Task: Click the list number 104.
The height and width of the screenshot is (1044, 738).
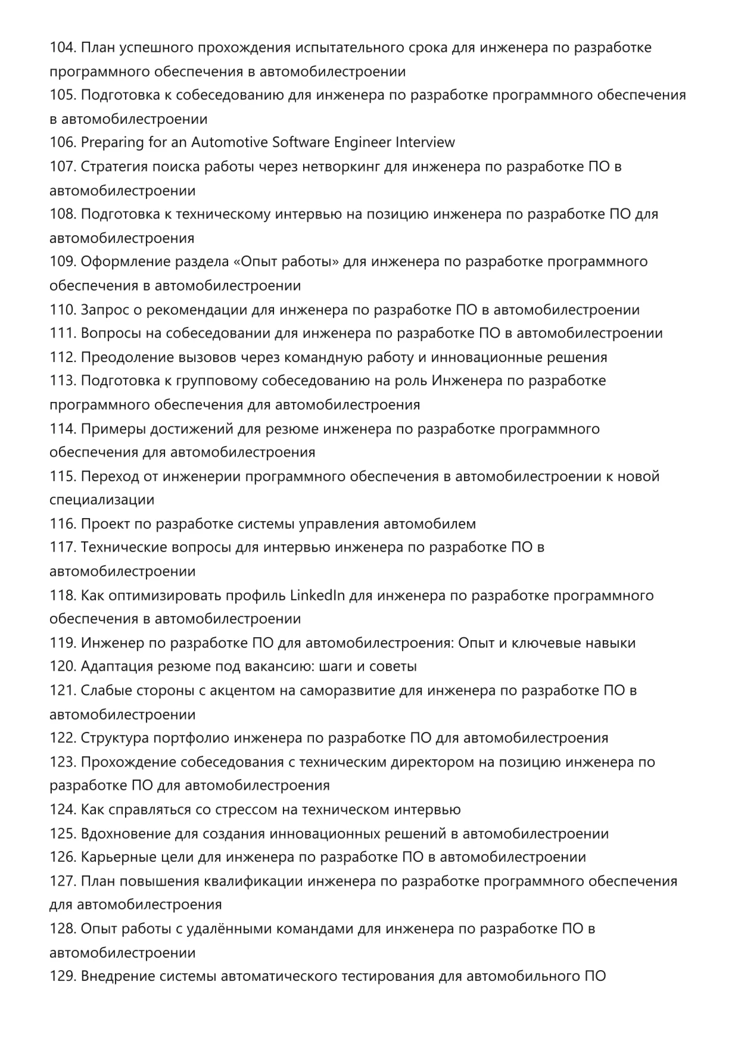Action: (63, 48)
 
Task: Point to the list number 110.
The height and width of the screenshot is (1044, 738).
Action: (63, 310)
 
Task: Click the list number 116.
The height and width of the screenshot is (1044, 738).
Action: (63, 524)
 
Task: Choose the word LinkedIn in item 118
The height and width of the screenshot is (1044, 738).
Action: (317, 596)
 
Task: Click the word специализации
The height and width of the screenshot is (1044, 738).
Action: (102, 500)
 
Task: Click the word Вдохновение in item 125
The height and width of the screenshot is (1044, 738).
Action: (126, 834)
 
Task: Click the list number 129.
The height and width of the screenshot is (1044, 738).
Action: (63, 977)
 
